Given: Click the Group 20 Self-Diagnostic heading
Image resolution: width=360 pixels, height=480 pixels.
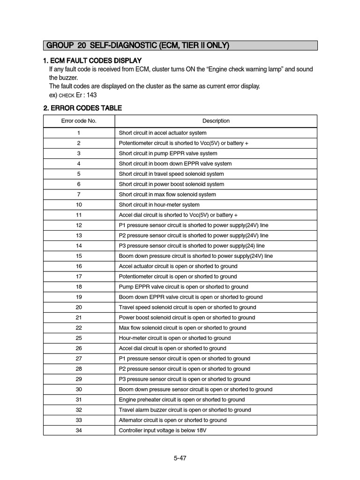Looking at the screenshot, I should click(138, 45).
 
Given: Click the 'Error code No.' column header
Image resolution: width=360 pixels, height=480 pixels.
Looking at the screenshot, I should click(79, 121).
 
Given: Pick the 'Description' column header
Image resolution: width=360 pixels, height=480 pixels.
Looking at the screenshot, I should click(216, 121).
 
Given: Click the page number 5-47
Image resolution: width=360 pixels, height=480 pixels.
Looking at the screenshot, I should click(180, 458).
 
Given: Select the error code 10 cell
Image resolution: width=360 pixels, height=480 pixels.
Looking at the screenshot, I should click(79, 205).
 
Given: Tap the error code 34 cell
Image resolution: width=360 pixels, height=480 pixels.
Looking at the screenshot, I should click(79, 430).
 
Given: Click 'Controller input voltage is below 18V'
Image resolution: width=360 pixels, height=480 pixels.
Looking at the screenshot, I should click(162, 430).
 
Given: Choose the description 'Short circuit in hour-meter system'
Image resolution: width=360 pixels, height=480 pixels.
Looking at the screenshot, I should click(159, 205).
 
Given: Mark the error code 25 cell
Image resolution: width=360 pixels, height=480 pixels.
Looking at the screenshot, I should click(79, 338).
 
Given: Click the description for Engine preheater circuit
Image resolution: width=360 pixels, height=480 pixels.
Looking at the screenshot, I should click(182, 400).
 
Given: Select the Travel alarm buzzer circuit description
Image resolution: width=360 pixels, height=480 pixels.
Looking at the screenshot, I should click(185, 410).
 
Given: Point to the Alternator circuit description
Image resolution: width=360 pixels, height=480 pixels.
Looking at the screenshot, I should click(172, 420).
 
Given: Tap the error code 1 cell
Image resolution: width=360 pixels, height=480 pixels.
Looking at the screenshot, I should click(79, 133).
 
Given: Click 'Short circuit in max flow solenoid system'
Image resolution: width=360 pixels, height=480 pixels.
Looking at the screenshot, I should click(167, 195).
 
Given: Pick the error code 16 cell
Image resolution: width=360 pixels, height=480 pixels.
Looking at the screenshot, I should click(79, 266).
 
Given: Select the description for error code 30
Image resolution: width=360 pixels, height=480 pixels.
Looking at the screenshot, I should click(195, 390).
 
